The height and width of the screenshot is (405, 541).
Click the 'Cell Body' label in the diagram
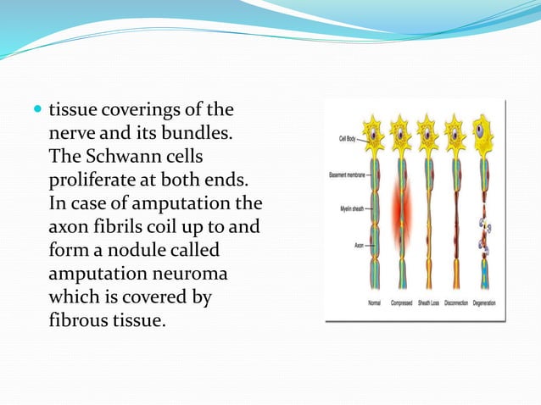(x=347, y=138)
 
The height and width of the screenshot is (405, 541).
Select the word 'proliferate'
(x=95, y=181)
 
